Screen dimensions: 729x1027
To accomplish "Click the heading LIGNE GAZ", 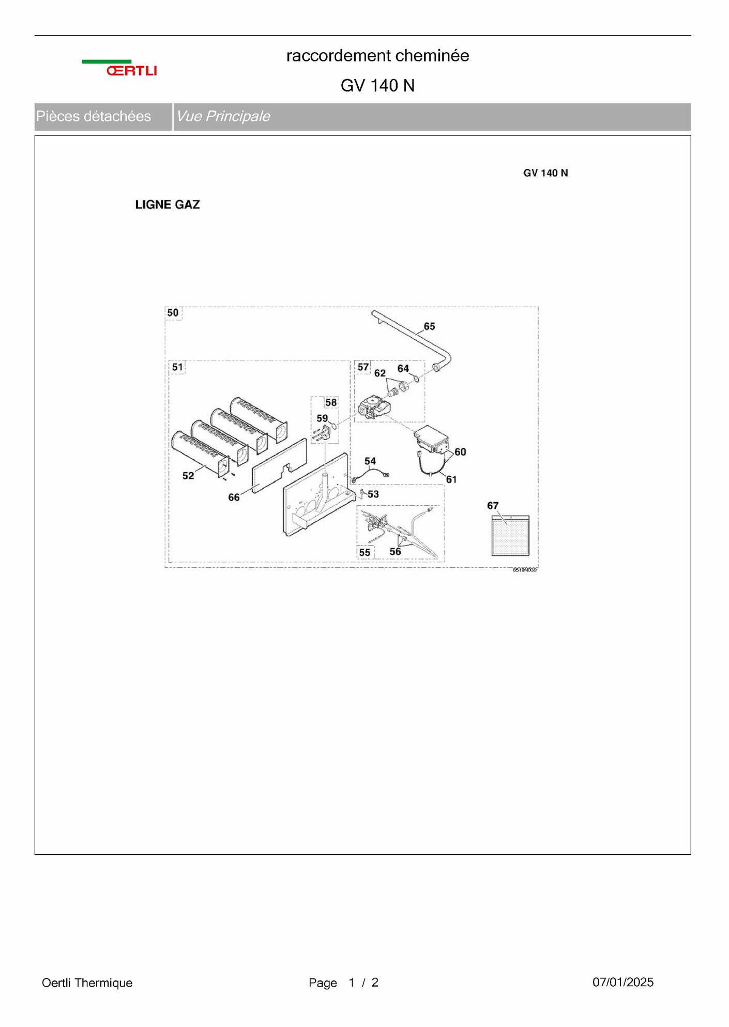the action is pyautogui.click(x=168, y=205).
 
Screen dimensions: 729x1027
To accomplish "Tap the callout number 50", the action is pyautogui.click(x=173, y=313).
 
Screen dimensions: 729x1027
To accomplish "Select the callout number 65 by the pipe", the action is pyautogui.click(x=429, y=326).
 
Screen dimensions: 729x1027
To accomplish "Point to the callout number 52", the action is pyautogui.click(x=188, y=476).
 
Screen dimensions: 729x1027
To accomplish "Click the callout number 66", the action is pyautogui.click(x=234, y=497).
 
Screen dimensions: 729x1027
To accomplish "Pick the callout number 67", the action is pyautogui.click(x=493, y=506).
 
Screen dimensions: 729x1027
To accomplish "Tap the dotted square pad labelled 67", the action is pyautogui.click(x=510, y=536).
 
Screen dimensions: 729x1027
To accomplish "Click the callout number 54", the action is pyautogui.click(x=370, y=461).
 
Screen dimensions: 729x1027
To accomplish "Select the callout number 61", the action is pyautogui.click(x=451, y=480).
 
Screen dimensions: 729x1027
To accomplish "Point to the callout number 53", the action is pyautogui.click(x=373, y=494).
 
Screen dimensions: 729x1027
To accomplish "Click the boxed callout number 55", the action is pyautogui.click(x=364, y=553).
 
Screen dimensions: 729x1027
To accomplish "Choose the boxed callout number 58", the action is pyautogui.click(x=331, y=402).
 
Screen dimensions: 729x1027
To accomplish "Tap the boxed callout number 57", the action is pyautogui.click(x=363, y=367).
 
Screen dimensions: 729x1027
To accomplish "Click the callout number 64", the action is pyautogui.click(x=403, y=369).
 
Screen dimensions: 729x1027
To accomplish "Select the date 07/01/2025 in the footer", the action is pyautogui.click(x=623, y=982).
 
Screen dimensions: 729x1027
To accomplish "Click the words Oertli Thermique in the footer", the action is pyautogui.click(x=87, y=983).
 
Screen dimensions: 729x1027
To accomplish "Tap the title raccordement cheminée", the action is pyautogui.click(x=378, y=56).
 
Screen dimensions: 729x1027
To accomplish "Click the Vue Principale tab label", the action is pyautogui.click(x=223, y=116).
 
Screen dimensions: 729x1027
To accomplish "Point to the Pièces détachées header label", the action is pyautogui.click(x=94, y=116).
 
